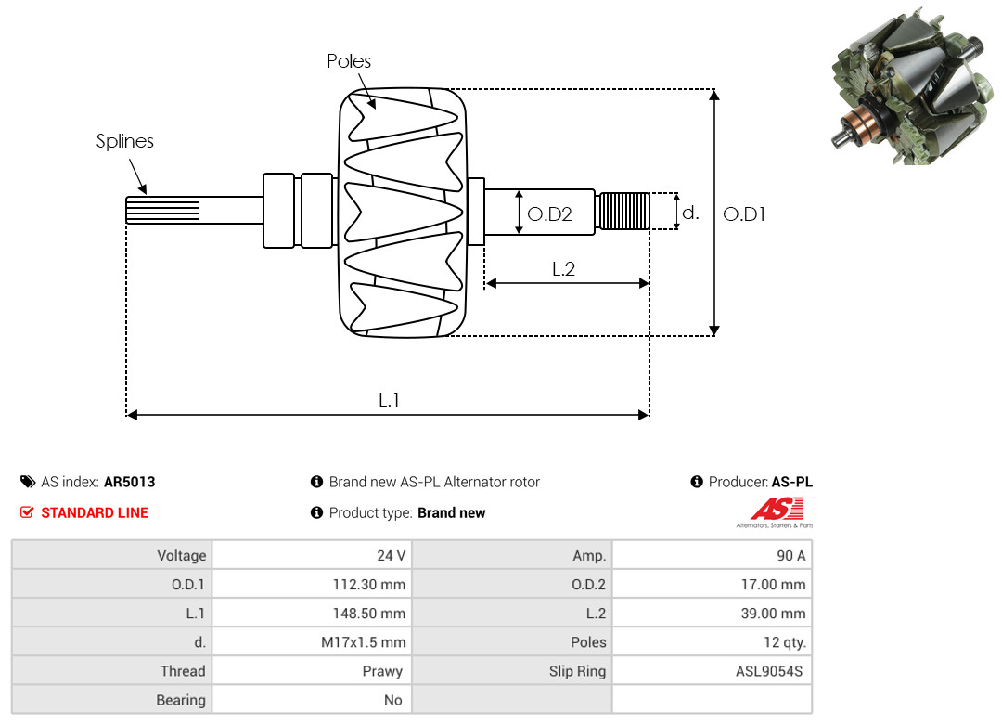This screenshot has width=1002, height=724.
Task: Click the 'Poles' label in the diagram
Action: pos(349,61)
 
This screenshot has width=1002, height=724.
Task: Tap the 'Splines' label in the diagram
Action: pos(125,141)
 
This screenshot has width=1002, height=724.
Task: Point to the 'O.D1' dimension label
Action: pos(744,213)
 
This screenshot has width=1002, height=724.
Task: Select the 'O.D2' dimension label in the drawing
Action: pos(549,214)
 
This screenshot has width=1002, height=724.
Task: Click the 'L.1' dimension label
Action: pos(389,400)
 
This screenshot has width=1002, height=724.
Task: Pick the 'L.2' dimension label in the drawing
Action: pos(564,269)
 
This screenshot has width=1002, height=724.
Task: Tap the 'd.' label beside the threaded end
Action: pos(690,213)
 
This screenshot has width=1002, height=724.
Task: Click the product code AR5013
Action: pos(130,482)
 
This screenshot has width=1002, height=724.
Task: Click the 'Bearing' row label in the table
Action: pos(181,700)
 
